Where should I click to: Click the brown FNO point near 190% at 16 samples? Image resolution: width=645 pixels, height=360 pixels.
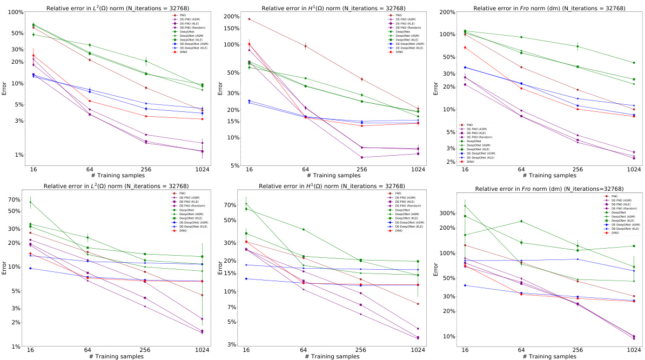tap(248, 19)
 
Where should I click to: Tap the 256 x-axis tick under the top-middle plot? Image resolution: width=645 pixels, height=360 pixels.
tap(361, 169)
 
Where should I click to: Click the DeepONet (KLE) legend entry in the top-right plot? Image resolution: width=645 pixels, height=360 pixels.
tap(478, 149)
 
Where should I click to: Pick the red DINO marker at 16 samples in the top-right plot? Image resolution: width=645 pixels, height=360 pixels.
tap(464, 48)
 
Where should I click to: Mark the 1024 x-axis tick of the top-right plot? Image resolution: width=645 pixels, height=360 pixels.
tap(633, 169)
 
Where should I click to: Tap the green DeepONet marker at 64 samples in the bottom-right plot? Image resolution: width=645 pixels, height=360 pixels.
tap(521, 221)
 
